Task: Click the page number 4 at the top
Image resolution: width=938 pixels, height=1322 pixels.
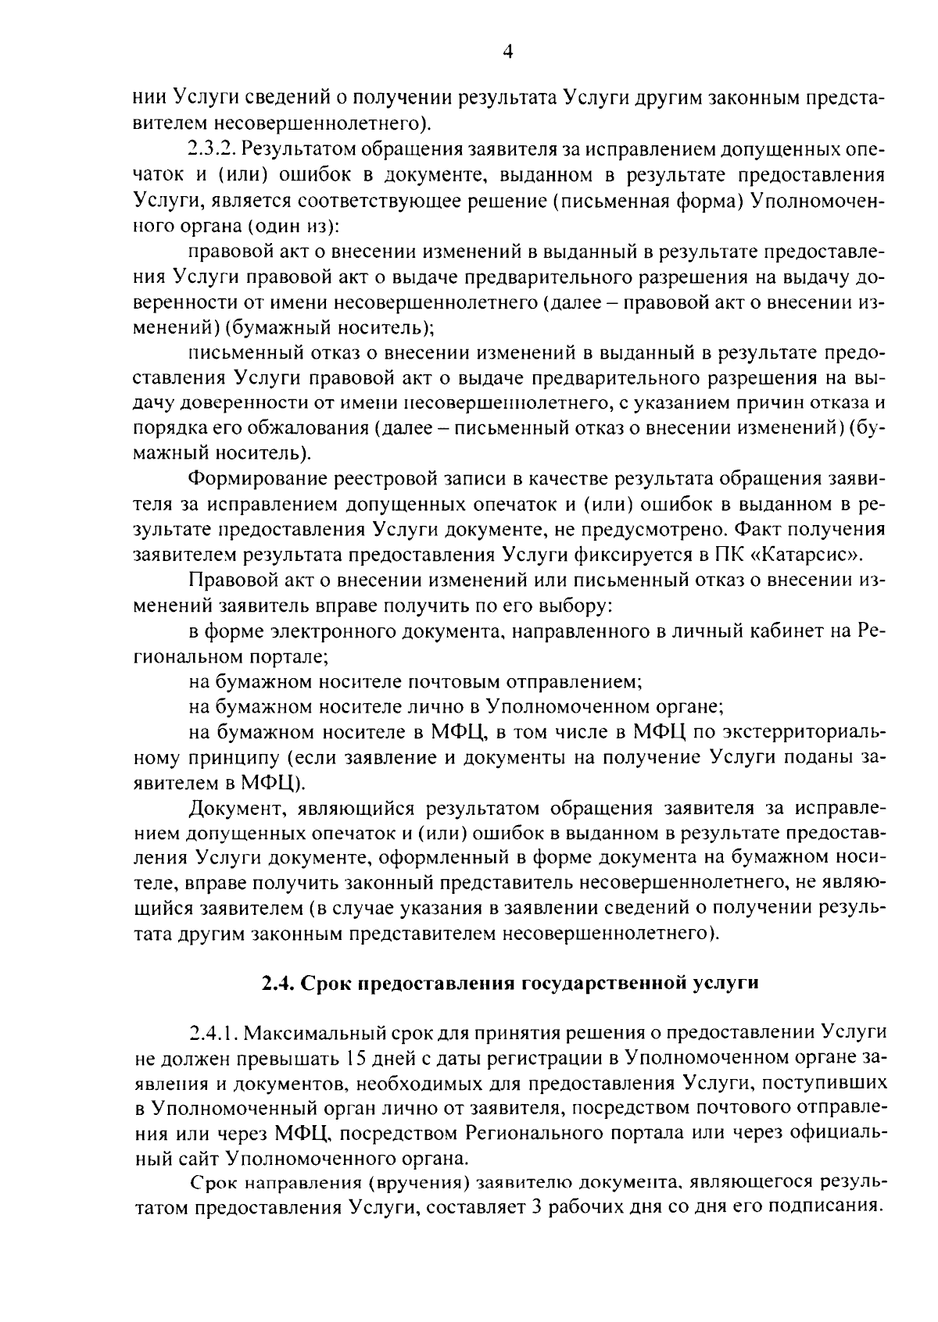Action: [x=507, y=52]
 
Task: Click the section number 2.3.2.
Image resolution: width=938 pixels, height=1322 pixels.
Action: [x=214, y=148]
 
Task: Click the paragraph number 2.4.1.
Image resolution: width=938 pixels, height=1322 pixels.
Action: [x=214, y=1034]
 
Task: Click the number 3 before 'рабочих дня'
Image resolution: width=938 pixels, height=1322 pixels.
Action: [x=536, y=1207]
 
